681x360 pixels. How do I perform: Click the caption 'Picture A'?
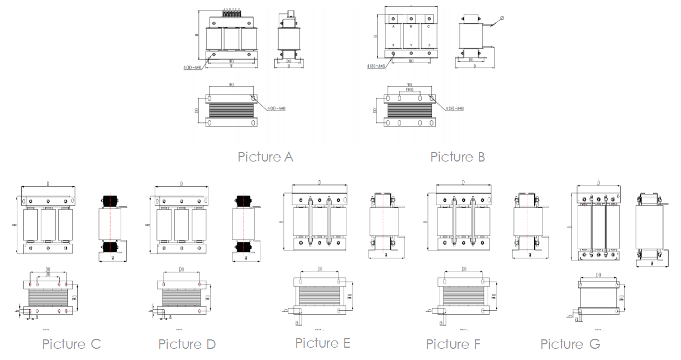[265, 157]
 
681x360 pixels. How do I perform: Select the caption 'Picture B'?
[458, 157]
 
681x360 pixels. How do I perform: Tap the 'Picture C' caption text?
[72, 344]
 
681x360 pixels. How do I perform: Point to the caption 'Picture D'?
[187, 344]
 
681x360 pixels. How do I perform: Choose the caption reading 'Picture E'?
[323, 343]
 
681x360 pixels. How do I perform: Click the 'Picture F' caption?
[453, 344]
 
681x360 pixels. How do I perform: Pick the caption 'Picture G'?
[570, 344]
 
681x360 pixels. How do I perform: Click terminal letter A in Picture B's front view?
[393, 26]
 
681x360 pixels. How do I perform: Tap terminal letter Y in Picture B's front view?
[411, 45]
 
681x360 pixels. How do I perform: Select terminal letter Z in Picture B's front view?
[428, 45]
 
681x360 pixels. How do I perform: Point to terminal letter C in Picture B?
[428, 26]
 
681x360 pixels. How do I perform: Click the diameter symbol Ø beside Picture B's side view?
[502, 18]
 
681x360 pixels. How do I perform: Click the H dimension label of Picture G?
[569, 226]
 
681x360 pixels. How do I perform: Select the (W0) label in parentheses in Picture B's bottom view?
[410, 89]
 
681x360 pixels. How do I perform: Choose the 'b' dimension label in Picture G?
[569, 316]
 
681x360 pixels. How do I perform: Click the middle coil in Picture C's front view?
[48, 224]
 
